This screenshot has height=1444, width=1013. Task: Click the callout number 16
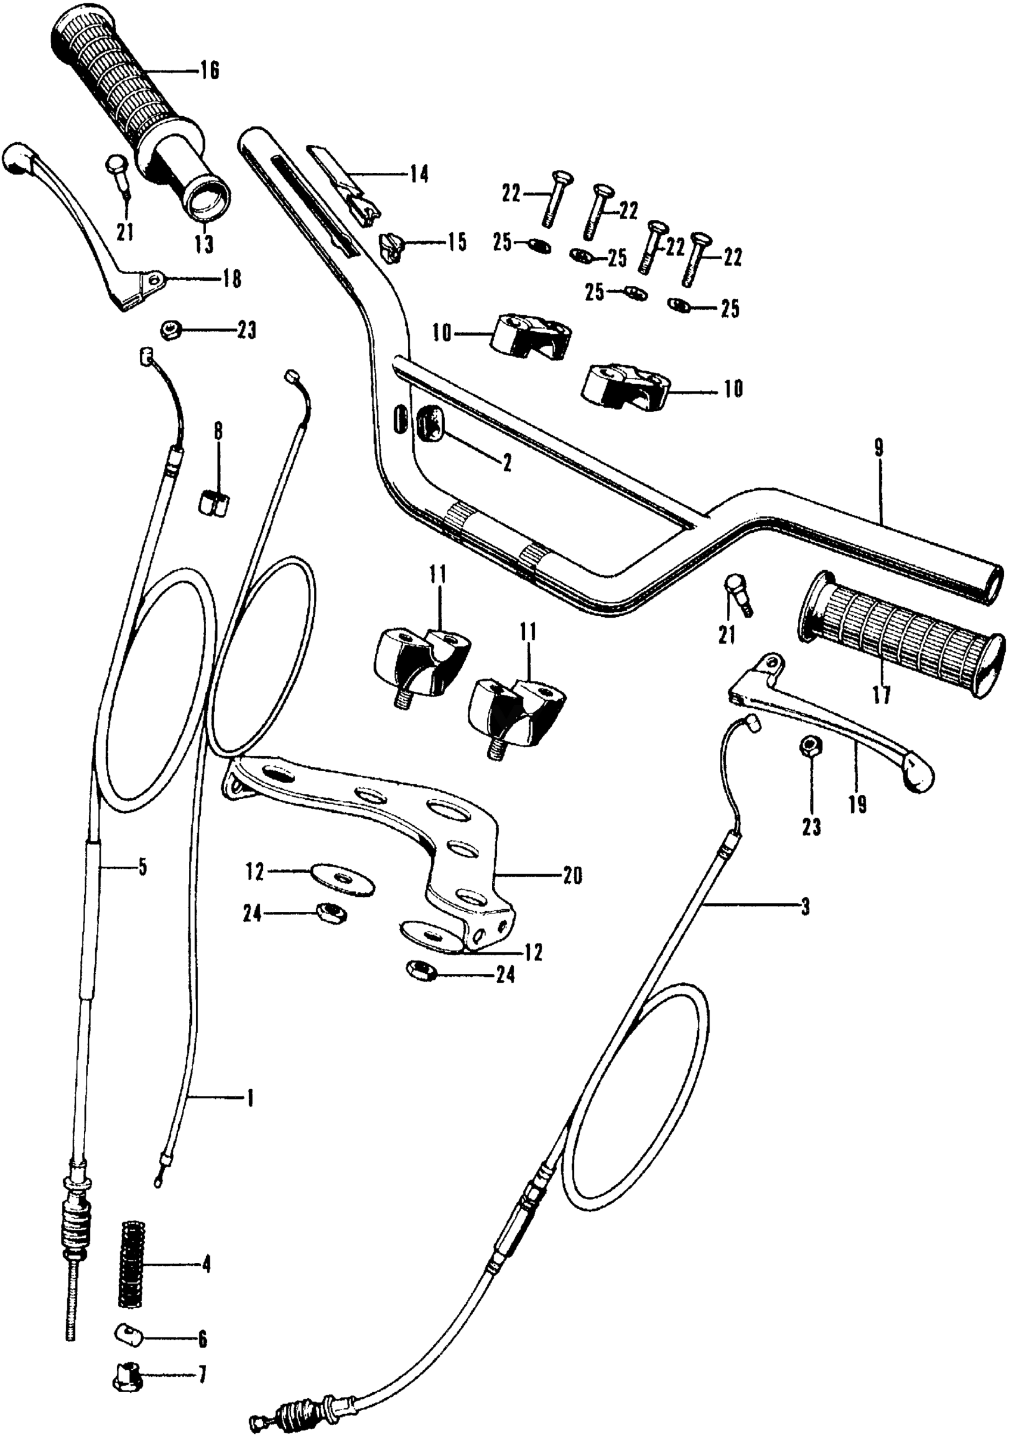[210, 71]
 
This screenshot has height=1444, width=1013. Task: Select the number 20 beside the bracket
[572, 876]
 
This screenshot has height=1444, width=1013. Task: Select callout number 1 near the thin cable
[249, 1099]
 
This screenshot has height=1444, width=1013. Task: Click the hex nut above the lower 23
[809, 747]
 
